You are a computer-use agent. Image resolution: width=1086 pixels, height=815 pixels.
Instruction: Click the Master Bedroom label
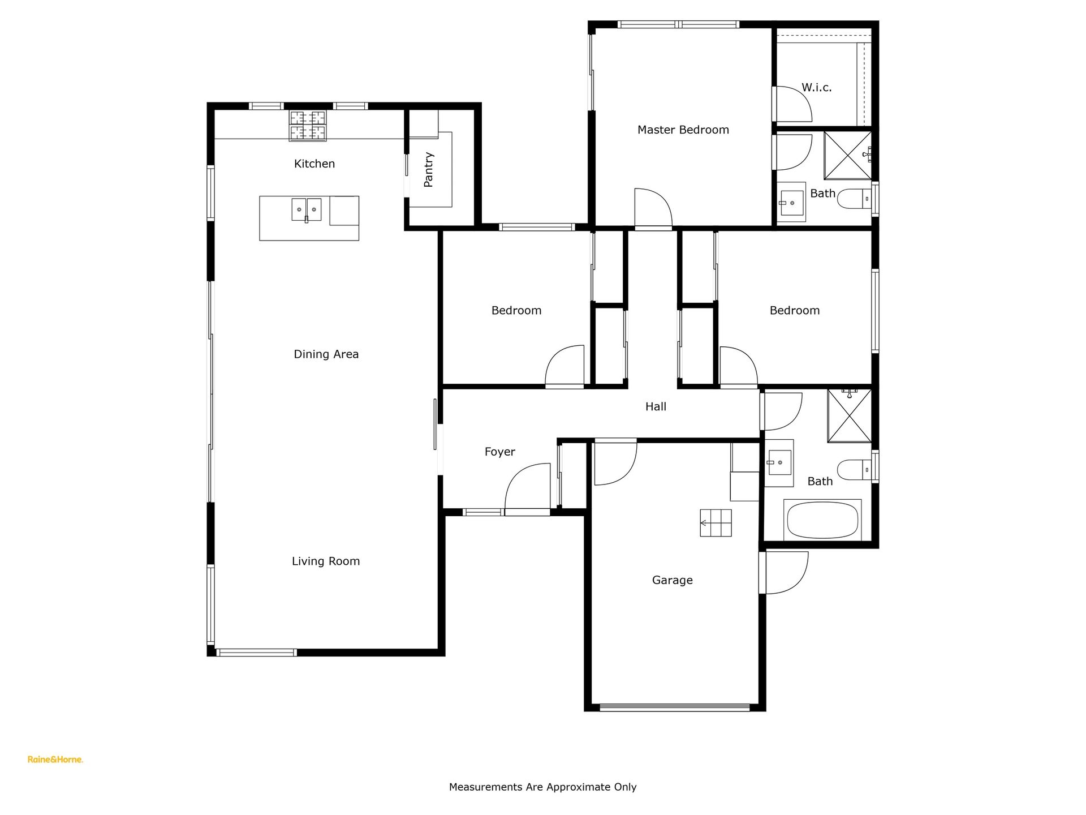(683, 130)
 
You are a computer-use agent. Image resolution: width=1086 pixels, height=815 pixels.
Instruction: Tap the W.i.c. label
(816, 88)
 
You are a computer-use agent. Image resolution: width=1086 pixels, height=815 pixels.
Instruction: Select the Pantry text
(429, 169)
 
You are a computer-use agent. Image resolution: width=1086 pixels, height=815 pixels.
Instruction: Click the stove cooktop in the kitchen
(308, 126)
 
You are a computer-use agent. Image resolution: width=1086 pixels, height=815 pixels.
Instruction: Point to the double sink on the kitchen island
(307, 209)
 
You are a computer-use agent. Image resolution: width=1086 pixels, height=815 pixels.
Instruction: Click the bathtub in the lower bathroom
(822, 520)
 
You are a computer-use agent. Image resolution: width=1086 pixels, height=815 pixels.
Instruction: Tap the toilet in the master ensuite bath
(854, 199)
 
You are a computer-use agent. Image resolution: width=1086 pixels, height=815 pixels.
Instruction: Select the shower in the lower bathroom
(850, 415)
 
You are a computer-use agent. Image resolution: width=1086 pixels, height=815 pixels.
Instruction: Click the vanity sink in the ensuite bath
(791, 199)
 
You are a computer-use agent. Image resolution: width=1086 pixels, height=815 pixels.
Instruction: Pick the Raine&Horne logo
(55, 760)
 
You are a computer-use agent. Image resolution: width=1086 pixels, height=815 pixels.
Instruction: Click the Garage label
(672, 580)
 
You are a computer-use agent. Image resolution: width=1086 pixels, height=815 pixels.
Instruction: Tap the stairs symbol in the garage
(716, 523)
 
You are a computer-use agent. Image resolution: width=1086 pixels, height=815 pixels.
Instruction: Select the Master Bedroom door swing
(653, 208)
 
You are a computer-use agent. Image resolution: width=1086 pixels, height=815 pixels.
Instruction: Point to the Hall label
(656, 406)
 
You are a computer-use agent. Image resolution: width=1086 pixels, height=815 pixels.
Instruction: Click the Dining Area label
(326, 354)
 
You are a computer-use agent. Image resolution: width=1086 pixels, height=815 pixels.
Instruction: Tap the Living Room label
(326, 561)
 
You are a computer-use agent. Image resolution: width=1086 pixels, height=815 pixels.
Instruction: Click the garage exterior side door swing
(784, 573)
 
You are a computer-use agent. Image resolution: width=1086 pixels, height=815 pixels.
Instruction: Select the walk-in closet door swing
(793, 104)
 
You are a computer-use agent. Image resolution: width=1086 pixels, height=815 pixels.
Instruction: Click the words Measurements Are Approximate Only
(543, 787)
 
